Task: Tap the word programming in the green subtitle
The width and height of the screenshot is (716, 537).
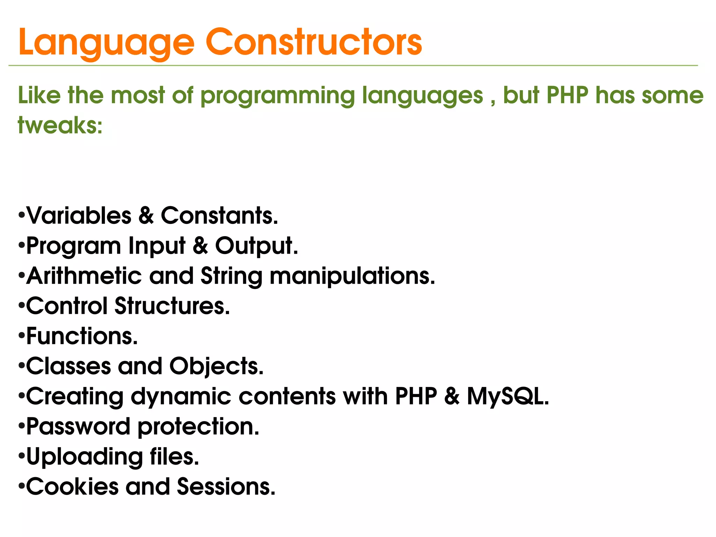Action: click(x=278, y=96)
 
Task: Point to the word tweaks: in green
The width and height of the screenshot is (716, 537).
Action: click(x=60, y=125)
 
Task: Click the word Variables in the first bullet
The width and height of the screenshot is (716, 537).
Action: click(x=79, y=215)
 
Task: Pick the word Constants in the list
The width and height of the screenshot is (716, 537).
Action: click(x=219, y=215)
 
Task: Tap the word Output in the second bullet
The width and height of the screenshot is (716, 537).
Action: click(x=256, y=246)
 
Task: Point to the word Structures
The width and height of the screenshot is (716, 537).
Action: click(x=172, y=306)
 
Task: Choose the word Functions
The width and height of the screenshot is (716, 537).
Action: click(x=82, y=336)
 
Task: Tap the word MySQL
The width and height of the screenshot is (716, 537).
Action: click(x=507, y=397)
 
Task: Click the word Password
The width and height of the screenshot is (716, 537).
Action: click(x=78, y=427)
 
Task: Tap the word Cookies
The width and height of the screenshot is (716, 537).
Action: click(x=72, y=487)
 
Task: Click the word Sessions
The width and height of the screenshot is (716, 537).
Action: click(x=226, y=487)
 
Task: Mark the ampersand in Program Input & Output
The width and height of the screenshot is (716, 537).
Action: click(x=200, y=246)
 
